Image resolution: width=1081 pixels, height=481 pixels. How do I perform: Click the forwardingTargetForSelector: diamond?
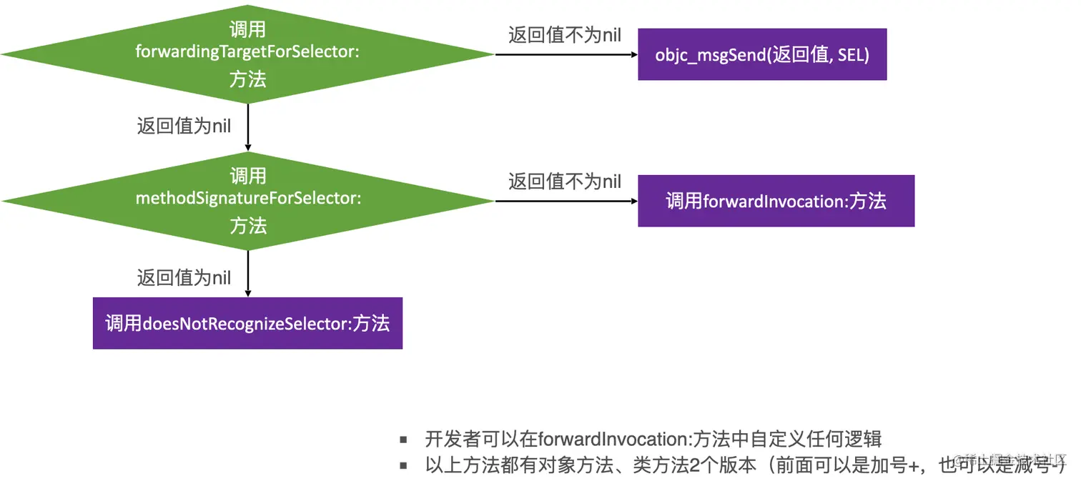[x=247, y=54]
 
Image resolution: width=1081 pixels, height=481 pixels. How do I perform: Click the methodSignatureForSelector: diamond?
[x=247, y=200]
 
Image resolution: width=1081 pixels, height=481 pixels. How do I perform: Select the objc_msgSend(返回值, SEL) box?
[x=762, y=54]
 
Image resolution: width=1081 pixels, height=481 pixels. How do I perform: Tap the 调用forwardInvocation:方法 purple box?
[x=776, y=201]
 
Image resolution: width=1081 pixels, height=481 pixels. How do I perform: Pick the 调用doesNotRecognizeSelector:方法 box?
[x=247, y=323]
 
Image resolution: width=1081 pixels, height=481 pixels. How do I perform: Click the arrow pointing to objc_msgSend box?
[x=565, y=54]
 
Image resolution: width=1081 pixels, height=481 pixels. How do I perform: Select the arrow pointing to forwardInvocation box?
[x=565, y=201]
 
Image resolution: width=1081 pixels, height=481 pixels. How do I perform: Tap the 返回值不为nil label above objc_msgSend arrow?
[x=564, y=35]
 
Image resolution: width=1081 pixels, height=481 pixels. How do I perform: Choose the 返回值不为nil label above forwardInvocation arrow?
[x=564, y=182]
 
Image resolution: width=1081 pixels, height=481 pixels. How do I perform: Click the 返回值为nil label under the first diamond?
[x=184, y=127]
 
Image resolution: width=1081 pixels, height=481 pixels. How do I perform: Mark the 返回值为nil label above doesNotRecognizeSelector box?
[x=184, y=277]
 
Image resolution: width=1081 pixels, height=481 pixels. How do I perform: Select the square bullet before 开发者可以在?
[x=404, y=440]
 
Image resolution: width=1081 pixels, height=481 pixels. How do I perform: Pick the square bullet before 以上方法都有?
[x=404, y=466]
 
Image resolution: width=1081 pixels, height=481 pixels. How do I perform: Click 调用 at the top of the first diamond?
[x=247, y=29]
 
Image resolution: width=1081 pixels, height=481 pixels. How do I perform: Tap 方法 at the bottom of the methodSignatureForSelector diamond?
[x=247, y=226]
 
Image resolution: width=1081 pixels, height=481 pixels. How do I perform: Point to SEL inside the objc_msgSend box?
[x=852, y=54]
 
